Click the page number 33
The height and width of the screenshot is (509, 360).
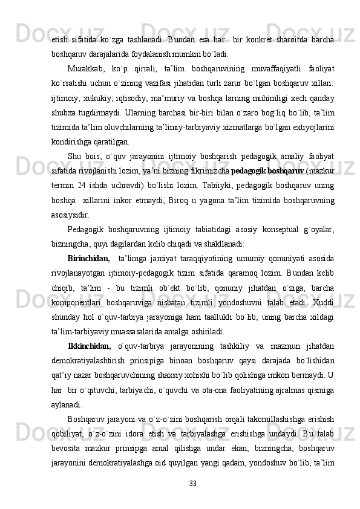[x=192, y=483]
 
